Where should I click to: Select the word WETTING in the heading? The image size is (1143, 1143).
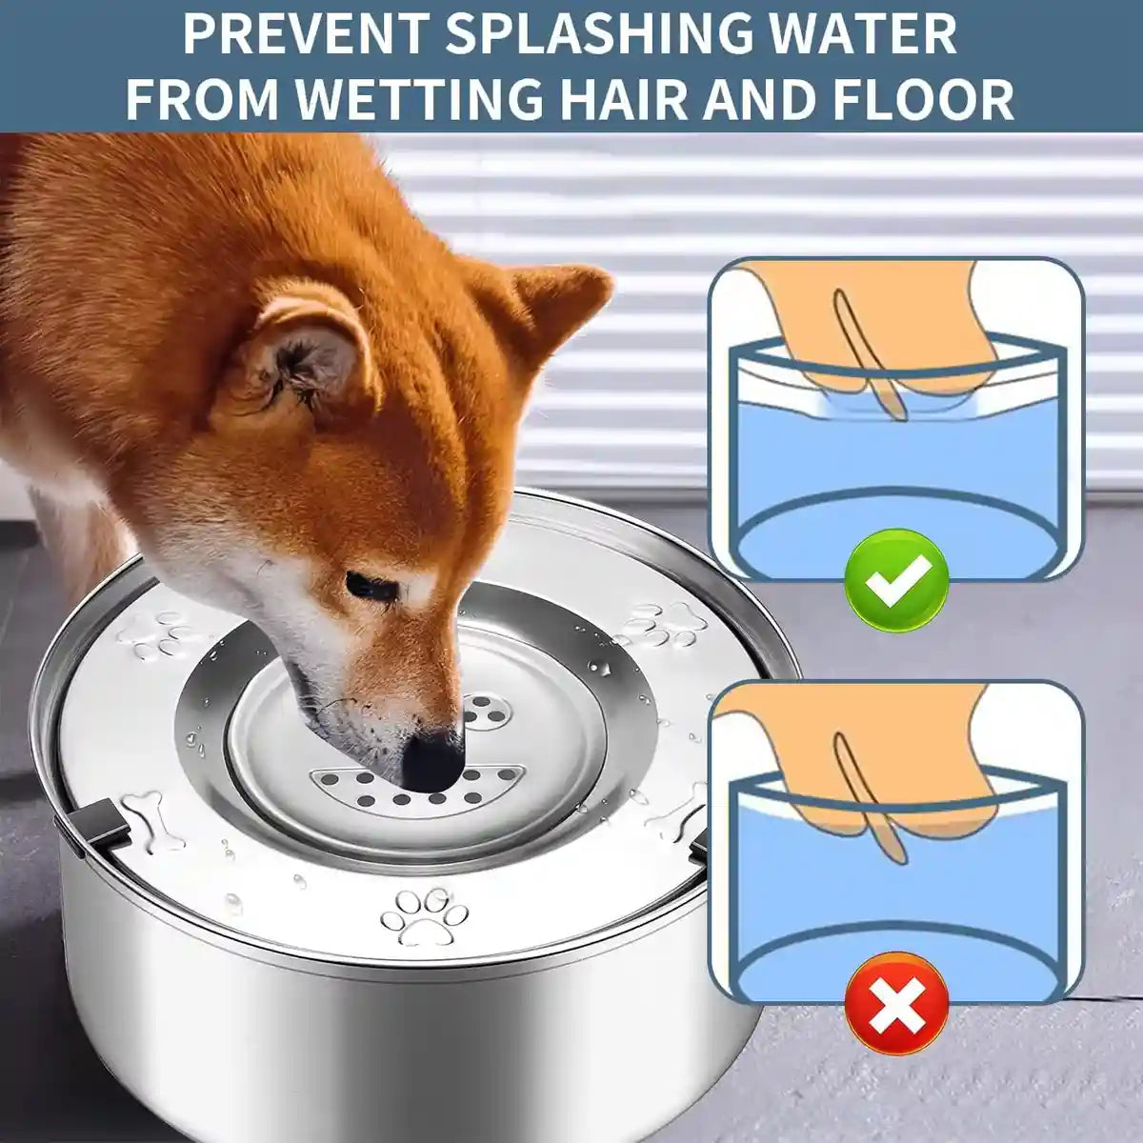click(425, 98)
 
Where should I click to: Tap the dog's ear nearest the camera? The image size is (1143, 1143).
click(305, 357)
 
